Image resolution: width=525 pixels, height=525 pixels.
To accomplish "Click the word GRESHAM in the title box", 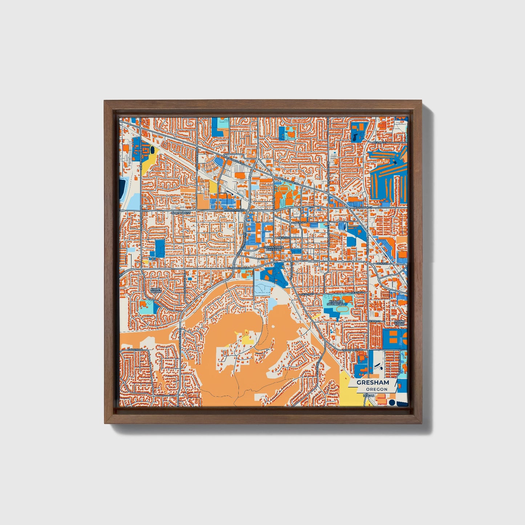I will [372, 383].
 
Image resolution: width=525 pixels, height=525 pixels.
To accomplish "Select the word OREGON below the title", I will [376, 389].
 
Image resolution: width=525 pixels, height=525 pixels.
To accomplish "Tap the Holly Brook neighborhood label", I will [156, 291].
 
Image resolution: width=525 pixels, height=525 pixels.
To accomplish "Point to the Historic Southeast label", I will [335, 303].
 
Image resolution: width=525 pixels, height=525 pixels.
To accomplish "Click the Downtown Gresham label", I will [273, 249].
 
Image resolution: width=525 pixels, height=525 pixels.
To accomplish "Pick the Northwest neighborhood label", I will [181, 213].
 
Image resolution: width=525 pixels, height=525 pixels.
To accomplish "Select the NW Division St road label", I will [233, 210].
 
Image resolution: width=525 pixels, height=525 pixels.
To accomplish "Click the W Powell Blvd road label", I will [239, 268].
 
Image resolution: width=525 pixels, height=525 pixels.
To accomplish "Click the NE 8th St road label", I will [301, 222].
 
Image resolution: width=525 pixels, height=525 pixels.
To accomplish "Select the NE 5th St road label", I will [284, 238].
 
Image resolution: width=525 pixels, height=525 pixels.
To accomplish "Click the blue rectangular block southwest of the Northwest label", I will [159, 248].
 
